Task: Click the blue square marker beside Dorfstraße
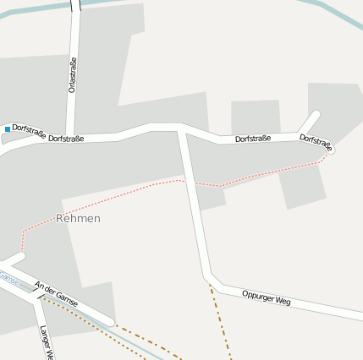(x=8, y=128)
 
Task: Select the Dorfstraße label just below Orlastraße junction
(x=66, y=138)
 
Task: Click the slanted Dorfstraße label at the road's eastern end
(x=316, y=142)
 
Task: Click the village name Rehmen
(x=78, y=218)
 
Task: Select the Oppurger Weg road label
(x=266, y=297)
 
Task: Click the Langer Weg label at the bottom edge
(x=46, y=343)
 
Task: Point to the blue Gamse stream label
(x=9, y=278)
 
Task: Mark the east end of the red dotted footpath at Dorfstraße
(x=327, y=153)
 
